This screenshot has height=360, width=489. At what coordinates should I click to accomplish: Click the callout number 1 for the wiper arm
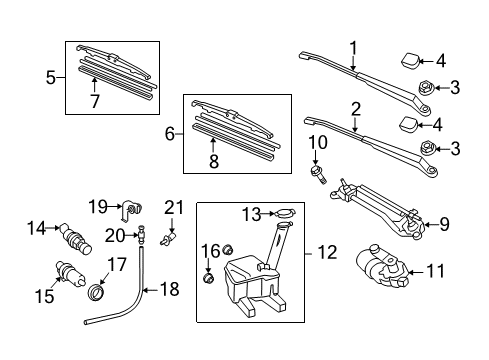[353, 47]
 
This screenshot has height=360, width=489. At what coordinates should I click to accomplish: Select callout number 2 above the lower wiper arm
[355, 108]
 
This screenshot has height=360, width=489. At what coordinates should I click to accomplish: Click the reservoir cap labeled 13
[283, 214]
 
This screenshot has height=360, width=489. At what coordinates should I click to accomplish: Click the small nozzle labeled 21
[172, 241]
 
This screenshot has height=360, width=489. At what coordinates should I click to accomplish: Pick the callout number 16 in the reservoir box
[211, 249]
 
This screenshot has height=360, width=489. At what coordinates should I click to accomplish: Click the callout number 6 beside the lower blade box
[171, 131]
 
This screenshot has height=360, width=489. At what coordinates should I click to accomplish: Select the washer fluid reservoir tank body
[250, 285]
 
